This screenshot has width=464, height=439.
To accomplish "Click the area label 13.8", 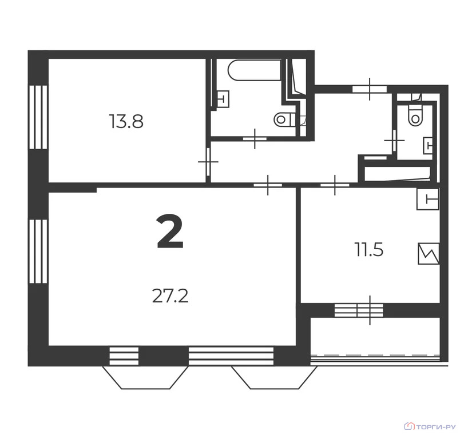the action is (x=126, y=122).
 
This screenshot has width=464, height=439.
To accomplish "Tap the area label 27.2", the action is (x=170, y=296).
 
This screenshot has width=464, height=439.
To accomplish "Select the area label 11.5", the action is (x=368, y=250).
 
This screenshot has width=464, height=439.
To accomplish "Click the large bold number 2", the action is (x=170, y=232).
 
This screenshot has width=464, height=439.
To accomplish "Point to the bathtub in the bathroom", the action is (x=254, y=70).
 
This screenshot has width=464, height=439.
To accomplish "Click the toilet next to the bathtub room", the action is (x=285, y=119).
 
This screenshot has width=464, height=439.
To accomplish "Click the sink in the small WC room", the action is (x=428, y=146).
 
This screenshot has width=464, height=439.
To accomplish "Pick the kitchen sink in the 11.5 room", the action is (x=427, y=199).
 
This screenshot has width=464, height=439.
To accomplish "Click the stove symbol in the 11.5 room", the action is (x=428, y=254).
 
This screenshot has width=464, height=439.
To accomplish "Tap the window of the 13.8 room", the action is (x=38, y=117).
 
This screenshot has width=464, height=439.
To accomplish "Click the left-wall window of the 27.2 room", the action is (x=38, y=252).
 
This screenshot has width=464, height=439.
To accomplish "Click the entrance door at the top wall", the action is (x=370, y=89).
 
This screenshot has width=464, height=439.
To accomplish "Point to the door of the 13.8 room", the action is (x=208, y=162).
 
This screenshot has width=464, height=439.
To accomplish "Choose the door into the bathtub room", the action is (x=255, y=138).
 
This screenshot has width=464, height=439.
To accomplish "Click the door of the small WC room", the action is (x=394, y=141).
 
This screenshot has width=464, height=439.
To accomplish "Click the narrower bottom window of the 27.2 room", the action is (x=124, y=356).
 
